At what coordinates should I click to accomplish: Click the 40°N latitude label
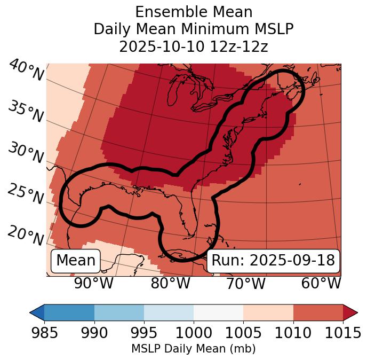[x=26, y=71]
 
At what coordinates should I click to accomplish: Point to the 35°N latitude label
[x=25, y=111]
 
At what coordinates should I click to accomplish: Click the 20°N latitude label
[x=25, y=235]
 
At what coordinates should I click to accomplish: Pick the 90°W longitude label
[x=94, y=283]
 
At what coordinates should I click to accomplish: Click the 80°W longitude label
[x=170, y=283]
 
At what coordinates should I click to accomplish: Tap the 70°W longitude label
[x=246, y=283]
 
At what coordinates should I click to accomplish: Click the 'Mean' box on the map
[x=76, y=261]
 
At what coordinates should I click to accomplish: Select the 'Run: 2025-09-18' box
[x=273, y=261]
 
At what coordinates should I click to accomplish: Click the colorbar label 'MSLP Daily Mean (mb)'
[x=194, y=349]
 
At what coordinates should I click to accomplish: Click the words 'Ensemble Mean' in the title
[x=194, y=12]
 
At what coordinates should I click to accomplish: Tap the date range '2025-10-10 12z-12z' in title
[x=194, y=46]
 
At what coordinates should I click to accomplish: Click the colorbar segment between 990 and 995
[x=119, y=312]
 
